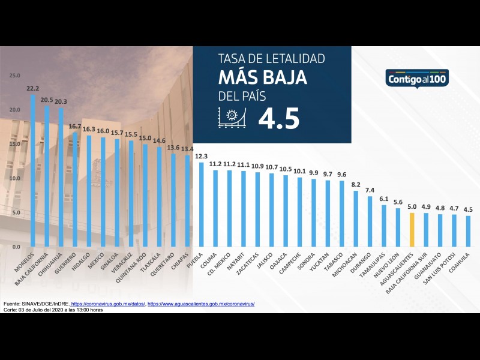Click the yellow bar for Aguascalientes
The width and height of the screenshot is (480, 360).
tap(412, 229)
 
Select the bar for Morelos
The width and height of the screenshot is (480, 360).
tap(32, 171)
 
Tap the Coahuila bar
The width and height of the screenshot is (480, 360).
tap(469, 231)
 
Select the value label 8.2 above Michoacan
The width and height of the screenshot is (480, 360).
tap(356, 185)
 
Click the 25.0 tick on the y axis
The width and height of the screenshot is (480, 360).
tap(14, 76)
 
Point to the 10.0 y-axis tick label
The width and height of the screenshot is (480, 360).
tap(14, 179)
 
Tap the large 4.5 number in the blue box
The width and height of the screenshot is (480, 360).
tap(278, 119)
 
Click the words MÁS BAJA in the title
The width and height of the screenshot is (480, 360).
tap(262, 77)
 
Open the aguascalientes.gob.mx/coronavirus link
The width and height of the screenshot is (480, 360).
tap(201, 304)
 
